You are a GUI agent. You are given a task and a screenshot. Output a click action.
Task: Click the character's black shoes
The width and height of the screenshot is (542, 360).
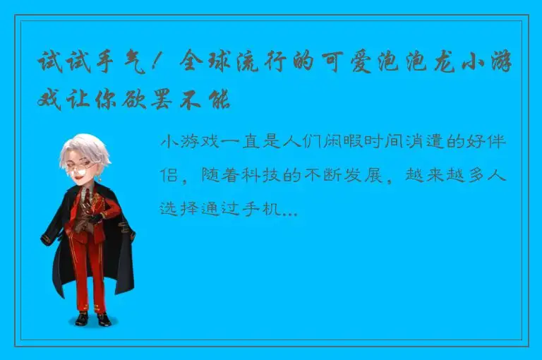(92, 320)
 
